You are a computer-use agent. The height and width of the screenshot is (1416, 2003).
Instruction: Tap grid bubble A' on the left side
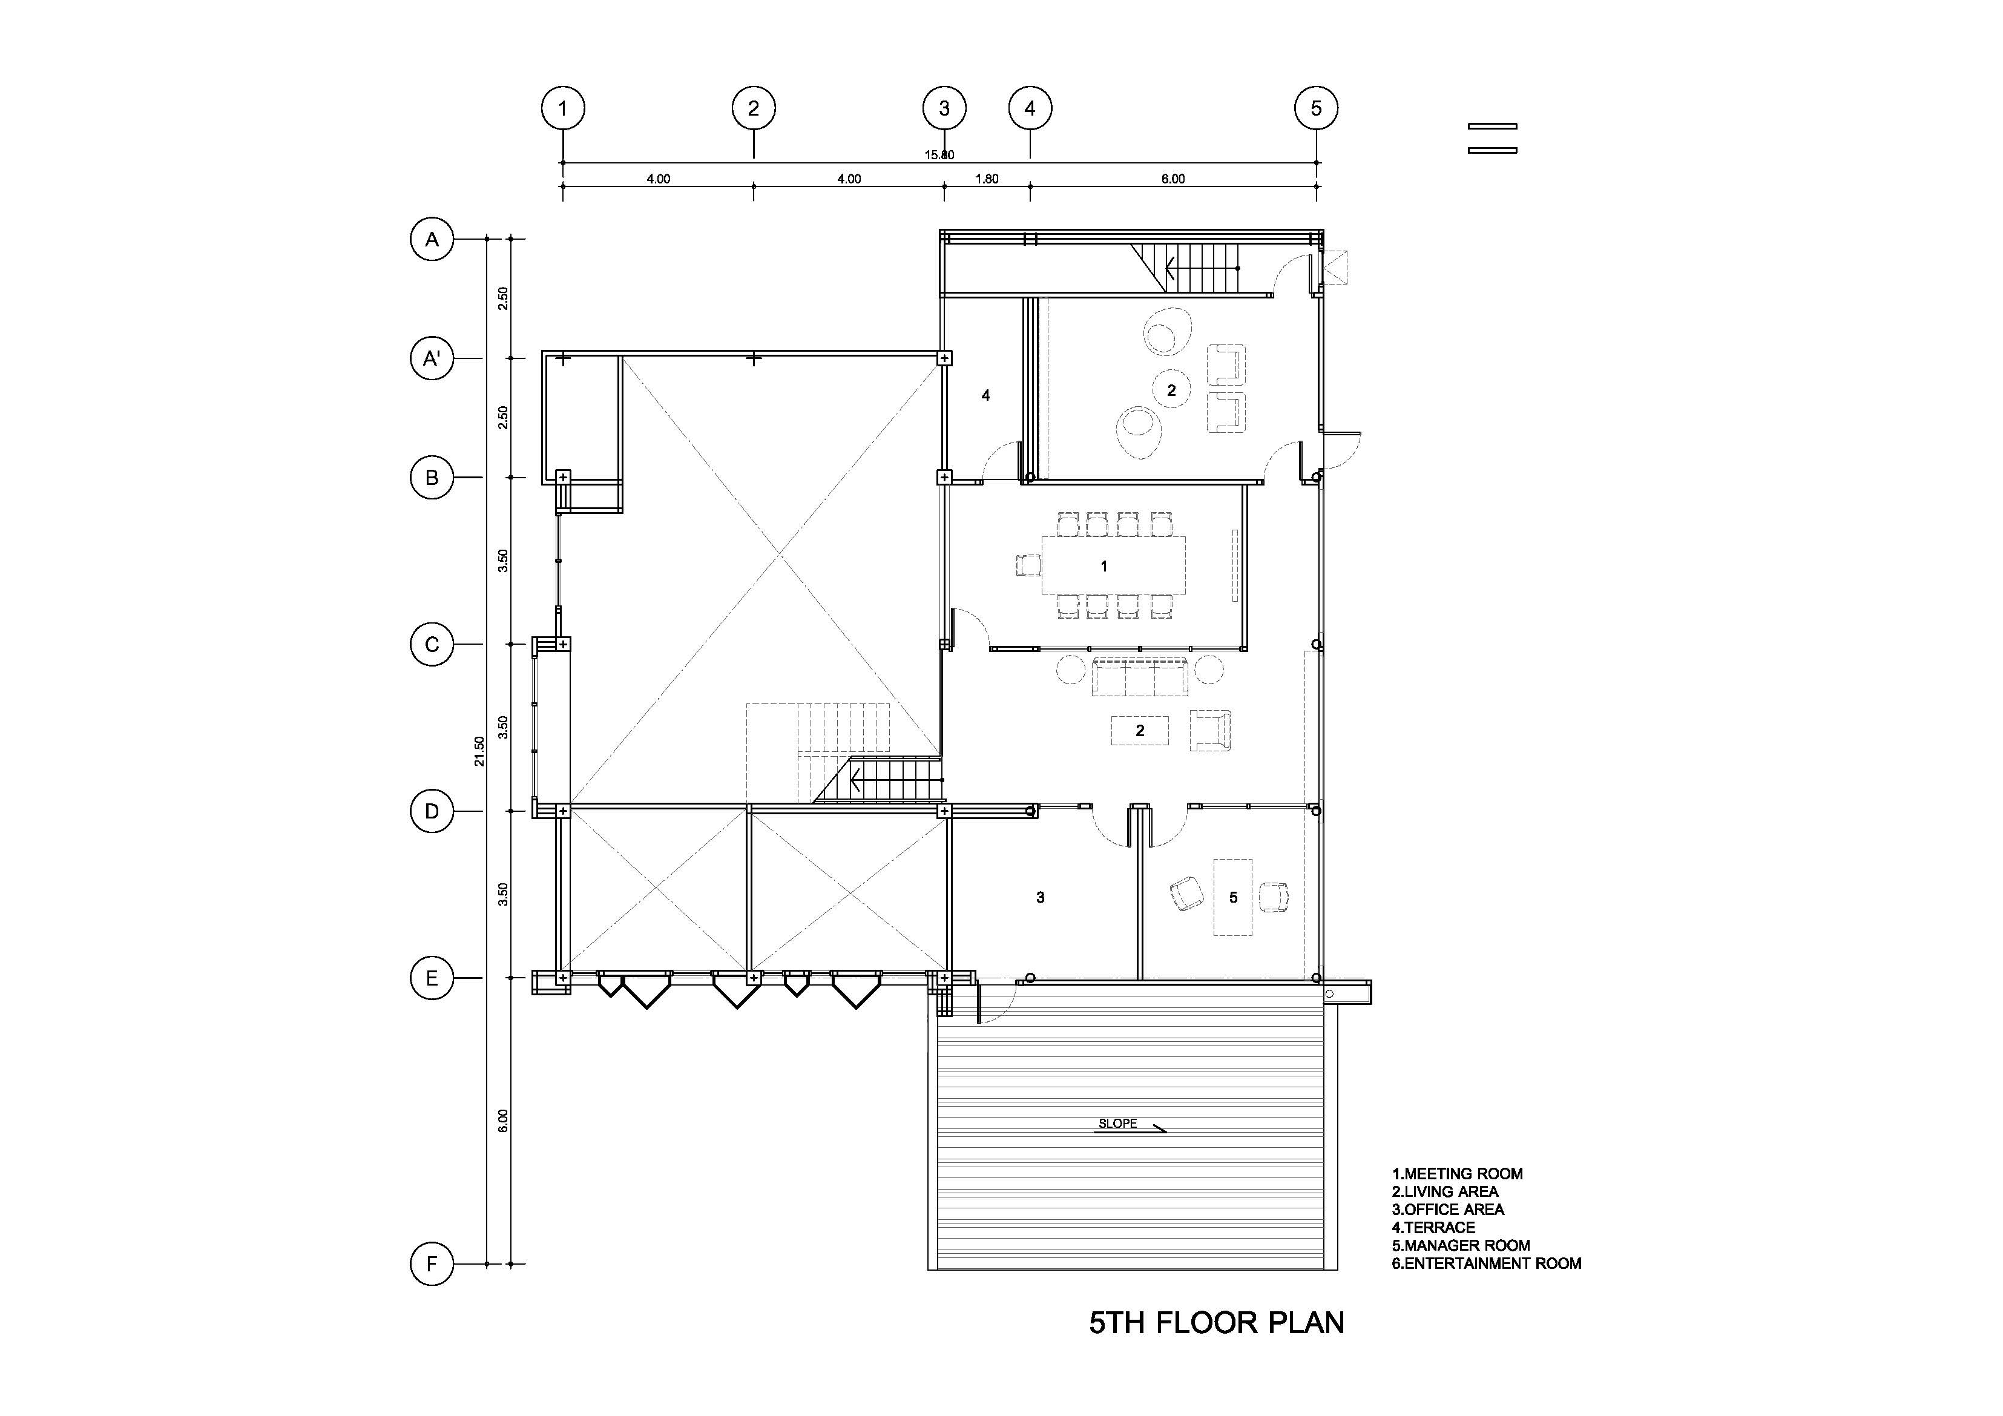432,358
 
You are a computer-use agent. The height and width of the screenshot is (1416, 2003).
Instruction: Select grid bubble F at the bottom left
432,1263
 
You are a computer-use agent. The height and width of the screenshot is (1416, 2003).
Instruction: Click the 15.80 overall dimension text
939,156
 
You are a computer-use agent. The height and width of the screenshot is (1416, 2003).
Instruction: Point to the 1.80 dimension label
987,179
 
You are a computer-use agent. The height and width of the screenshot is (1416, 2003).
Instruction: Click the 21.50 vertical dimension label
479,751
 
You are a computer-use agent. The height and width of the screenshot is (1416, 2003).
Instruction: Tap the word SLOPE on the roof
1117,1124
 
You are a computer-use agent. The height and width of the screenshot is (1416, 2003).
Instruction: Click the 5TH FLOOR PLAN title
1216,1323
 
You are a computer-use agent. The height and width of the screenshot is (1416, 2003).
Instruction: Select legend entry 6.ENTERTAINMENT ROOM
1487,1263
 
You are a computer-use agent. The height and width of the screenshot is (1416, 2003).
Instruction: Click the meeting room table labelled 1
1113,565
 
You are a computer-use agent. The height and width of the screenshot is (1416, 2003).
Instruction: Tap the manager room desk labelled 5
1232,897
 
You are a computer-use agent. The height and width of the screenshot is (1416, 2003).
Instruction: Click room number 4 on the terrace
986,395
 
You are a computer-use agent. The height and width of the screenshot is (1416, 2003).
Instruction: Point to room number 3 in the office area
1040,897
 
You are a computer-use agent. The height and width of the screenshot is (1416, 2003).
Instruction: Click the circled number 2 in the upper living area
1172,390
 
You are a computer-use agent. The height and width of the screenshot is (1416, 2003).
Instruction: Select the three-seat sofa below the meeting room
1139,677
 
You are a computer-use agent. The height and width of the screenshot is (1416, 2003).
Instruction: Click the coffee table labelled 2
1139,730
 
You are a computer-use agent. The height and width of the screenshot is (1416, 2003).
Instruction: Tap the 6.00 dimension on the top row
1173,179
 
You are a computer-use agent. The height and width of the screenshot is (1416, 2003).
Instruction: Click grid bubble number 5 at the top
1317,108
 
